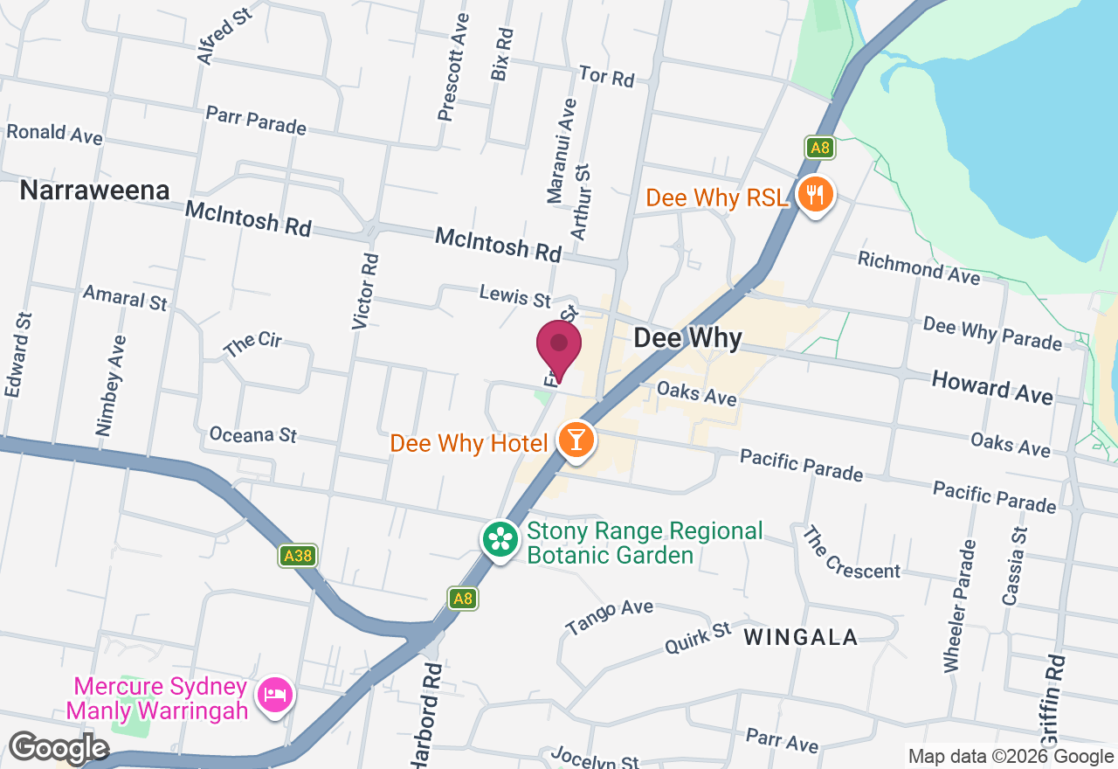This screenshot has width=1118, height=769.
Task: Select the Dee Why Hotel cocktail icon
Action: click(x=576, y=440)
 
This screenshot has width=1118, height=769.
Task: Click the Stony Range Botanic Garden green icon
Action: click(x=500, y=538)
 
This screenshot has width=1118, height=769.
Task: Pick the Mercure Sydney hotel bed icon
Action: click(x=275, y=696)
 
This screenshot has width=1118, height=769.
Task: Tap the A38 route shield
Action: click(x=298, y=555)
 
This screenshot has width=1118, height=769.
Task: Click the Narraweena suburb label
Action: click(x=94, y=191)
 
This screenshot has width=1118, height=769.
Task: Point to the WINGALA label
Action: click(x=801, y=637)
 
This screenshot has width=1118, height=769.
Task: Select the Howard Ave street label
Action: click(x=992, y=387)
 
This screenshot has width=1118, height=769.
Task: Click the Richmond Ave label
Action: click(x=919, y=267)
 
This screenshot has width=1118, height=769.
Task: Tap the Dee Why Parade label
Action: click(x=992, y=333)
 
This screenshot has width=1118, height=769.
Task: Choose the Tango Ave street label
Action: click(x=609, y=617)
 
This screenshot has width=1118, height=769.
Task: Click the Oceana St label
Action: click(x=253, y=434)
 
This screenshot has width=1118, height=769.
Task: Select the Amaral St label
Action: click(x=125, y=297)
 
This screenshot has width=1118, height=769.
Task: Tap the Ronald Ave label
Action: click(x=54, y=134)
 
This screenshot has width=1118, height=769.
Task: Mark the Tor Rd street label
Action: click(x=606, y=77)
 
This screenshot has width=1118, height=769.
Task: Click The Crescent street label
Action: click(x=851, y=553)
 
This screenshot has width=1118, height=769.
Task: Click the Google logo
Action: click(x=58, y=748)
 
